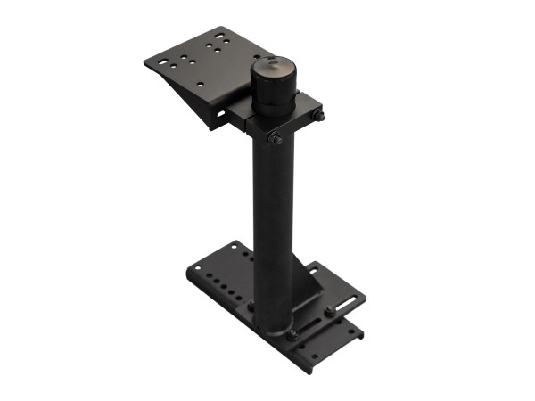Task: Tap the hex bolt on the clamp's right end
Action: (319, 115)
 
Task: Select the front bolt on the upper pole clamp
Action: (276, 139)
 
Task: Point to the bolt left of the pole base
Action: (251, 306)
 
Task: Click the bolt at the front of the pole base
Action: (291, 334)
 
